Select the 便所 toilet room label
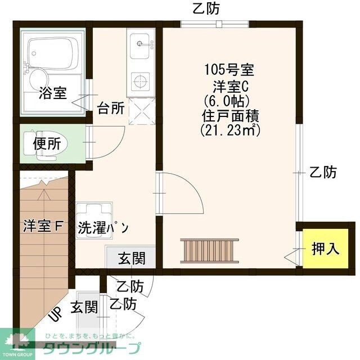point(46,144)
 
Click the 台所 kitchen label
point(111,108)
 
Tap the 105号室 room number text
point(229,71)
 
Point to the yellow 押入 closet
point(325,249)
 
